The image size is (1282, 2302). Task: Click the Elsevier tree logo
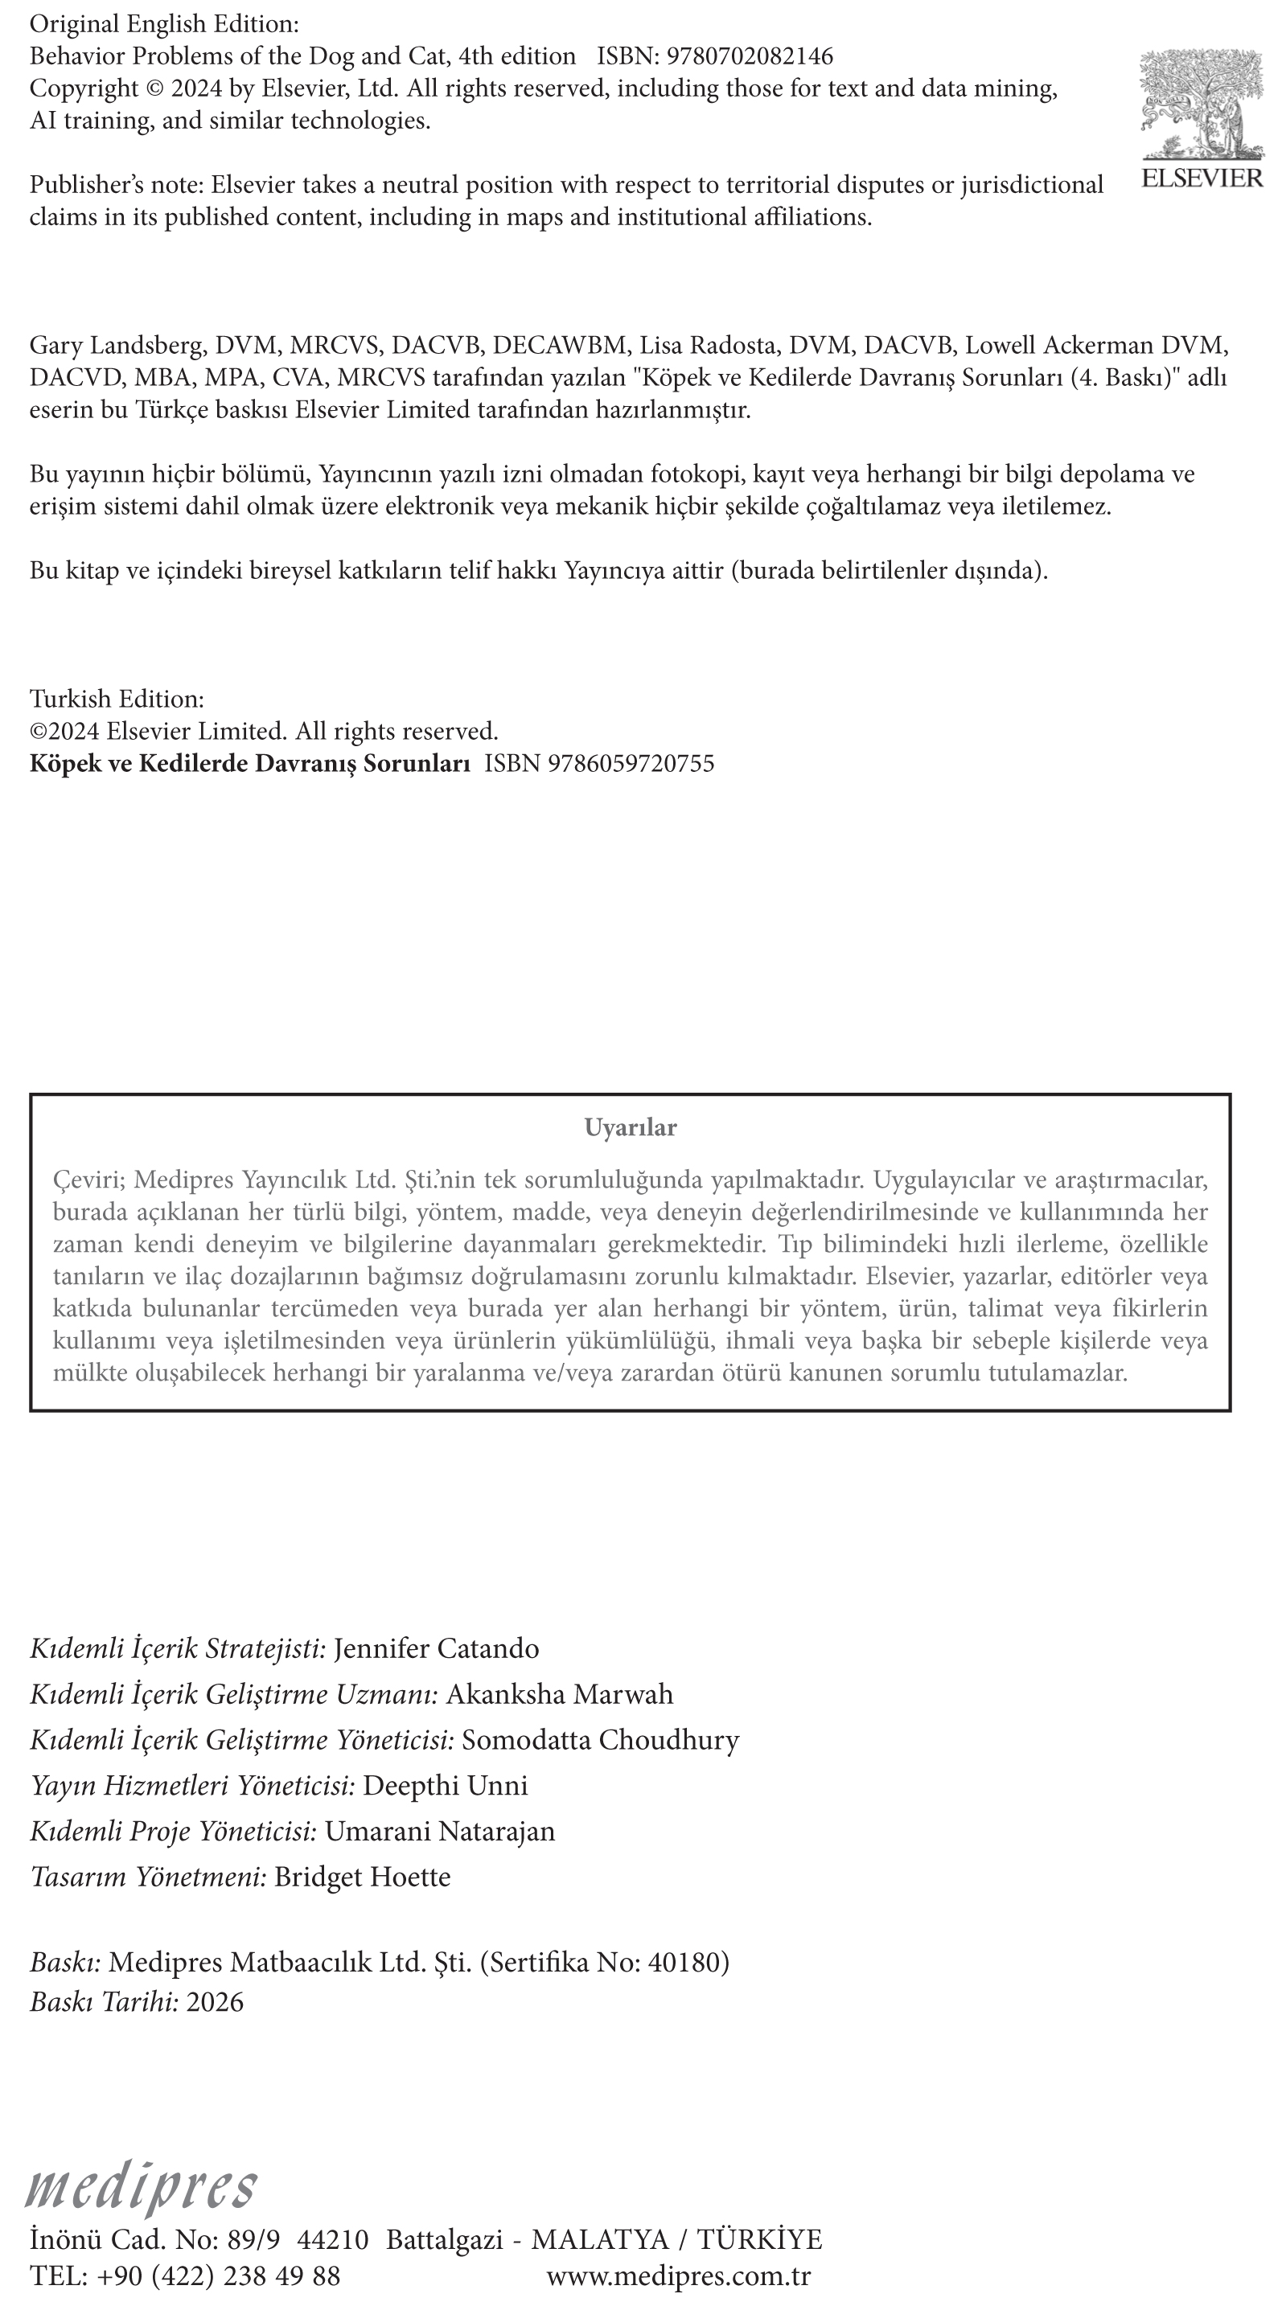1202,105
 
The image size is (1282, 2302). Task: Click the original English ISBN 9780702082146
750,56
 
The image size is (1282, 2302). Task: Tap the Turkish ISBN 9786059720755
631,763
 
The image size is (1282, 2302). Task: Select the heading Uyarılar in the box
631,1128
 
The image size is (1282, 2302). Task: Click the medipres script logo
142,2187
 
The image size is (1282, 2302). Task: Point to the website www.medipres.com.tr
679,2275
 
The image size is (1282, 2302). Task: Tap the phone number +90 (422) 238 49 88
218,2275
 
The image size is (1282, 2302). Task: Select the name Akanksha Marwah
560,1694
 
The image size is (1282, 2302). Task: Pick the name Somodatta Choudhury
601,1740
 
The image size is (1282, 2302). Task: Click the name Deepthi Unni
446,1786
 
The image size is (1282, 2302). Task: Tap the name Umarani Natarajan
440,1831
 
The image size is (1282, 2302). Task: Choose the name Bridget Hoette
362,1877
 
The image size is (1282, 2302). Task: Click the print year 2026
215,2002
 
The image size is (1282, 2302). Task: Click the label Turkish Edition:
117,699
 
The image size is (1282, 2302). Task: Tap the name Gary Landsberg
117,345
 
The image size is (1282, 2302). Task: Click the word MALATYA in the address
600,2240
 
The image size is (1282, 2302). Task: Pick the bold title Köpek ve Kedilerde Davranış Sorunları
249,763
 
